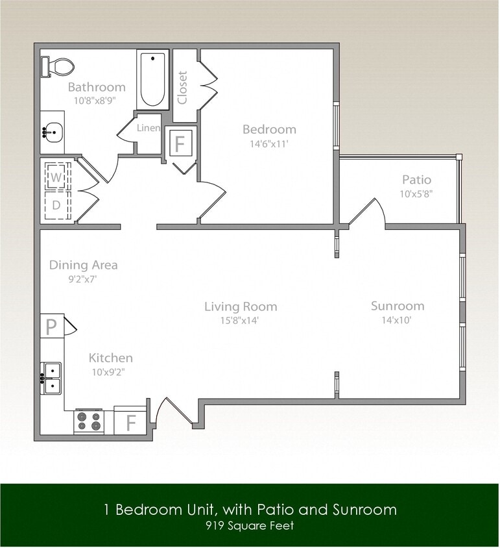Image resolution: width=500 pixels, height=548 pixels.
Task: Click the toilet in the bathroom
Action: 58,66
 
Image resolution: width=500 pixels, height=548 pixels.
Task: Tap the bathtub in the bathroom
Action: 153,80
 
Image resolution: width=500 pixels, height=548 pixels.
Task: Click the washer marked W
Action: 56,177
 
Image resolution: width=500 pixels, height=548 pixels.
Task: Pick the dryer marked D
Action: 57,205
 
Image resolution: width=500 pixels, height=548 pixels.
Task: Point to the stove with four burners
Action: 89,421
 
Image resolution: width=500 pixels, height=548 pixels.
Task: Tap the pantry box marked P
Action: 51,326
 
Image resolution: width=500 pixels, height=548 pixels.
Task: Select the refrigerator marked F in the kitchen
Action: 130,422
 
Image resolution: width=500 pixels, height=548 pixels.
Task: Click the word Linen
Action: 149,128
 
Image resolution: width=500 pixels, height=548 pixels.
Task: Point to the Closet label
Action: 183,87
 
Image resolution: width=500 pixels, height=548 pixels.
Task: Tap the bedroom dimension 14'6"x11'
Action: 265,144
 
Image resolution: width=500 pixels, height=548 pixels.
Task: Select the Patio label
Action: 416,179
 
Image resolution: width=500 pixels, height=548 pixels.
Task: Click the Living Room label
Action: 241,306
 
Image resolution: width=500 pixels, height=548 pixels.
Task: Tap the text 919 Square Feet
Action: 250,525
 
